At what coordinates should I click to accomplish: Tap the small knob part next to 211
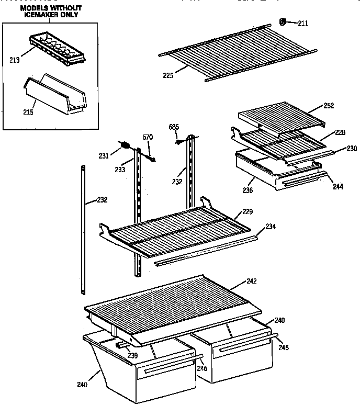tap(282, 22)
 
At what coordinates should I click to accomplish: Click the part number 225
tap(168, 75)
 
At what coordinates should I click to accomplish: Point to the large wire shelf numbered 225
tap(235, 50)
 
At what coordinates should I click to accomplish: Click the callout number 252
tap(328, 105)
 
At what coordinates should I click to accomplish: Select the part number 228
tap(340, 132)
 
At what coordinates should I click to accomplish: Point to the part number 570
tap(148, 137)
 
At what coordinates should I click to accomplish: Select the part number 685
tap(174, 127)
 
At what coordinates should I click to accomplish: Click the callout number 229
tap(248, 211)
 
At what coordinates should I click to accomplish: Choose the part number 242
tap(251, 281)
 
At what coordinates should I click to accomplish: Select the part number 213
tap(14, 60)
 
